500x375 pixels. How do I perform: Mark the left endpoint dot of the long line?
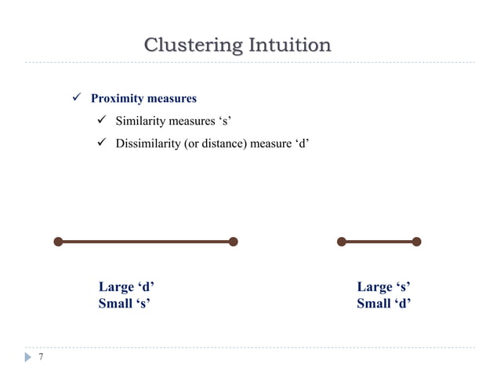pos(58,242)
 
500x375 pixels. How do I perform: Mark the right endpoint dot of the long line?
pos(234,242)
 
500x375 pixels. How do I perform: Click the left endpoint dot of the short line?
pos(341,242)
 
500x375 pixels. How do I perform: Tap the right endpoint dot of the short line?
pos(416,242)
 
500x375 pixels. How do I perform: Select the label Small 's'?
pos(124,304)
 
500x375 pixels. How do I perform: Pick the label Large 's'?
pos(384,287)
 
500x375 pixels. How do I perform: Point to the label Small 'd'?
pos(384,304)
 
